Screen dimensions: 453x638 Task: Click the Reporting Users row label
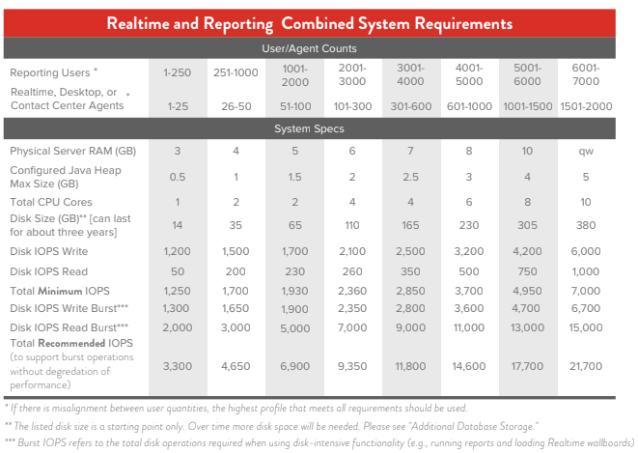51,73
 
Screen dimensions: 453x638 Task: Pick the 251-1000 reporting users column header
236,72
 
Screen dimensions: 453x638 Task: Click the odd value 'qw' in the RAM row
586,152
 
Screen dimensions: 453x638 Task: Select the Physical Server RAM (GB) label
73,152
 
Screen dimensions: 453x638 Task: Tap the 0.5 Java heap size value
177,177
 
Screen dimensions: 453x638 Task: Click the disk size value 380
586,224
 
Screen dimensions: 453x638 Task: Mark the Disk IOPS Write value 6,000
586,250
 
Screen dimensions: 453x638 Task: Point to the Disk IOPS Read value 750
528,270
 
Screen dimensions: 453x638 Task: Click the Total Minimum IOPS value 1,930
294,290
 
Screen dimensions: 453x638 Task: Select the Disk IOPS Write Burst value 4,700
528,308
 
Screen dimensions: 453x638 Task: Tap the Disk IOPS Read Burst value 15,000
586,327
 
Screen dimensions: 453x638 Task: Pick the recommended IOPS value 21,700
586,367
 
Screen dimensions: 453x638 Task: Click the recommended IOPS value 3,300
177,367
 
